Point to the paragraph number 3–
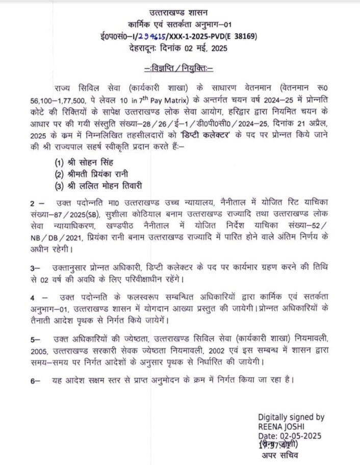coord(35,267)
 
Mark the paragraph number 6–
coord(35,380)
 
